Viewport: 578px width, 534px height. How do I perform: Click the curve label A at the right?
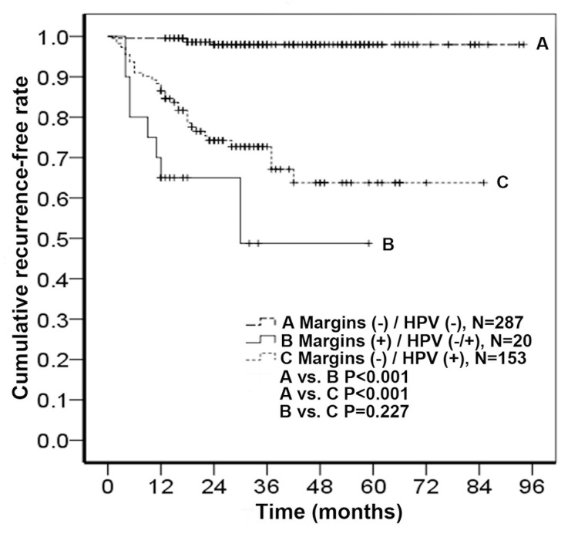point(543,45)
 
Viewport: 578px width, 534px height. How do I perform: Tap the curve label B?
point(389,245)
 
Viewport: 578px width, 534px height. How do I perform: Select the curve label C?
point(500,183)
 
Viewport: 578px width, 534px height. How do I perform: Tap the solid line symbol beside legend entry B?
point(258,342)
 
